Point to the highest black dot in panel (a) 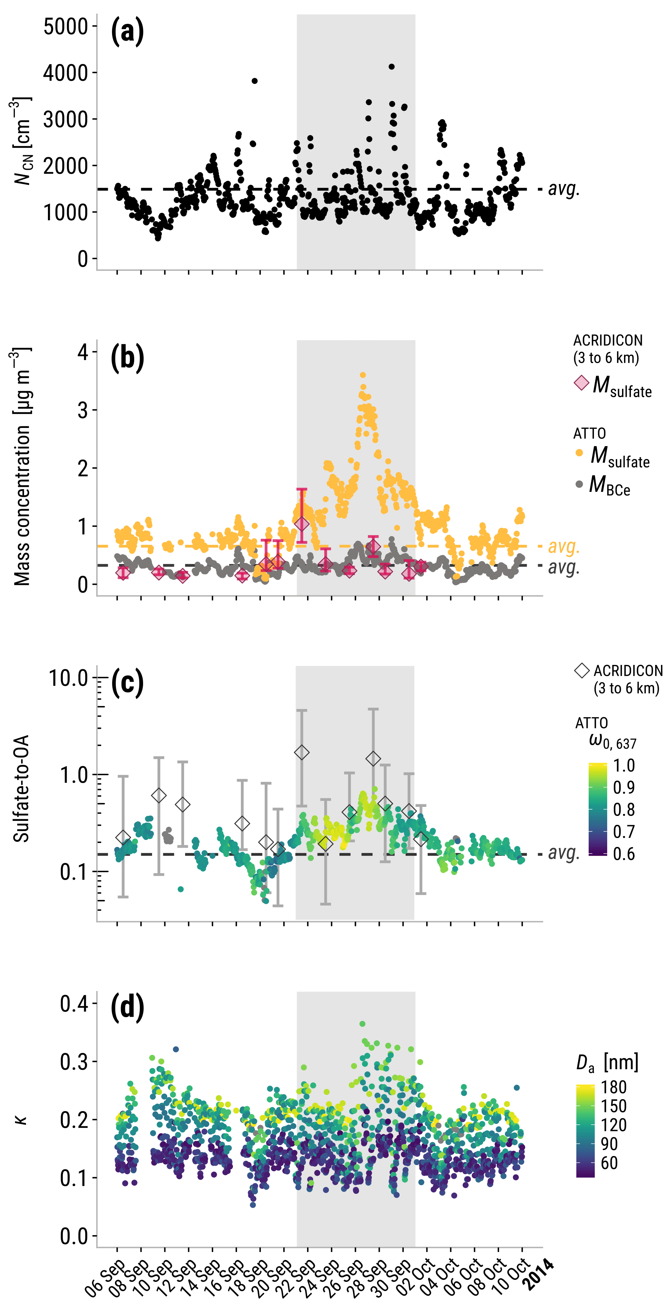point(391,67)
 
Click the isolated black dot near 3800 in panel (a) point(254,81)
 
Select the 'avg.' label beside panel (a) point(564,189)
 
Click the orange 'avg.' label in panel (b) point(564,546)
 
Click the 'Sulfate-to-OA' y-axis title point(21,789)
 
